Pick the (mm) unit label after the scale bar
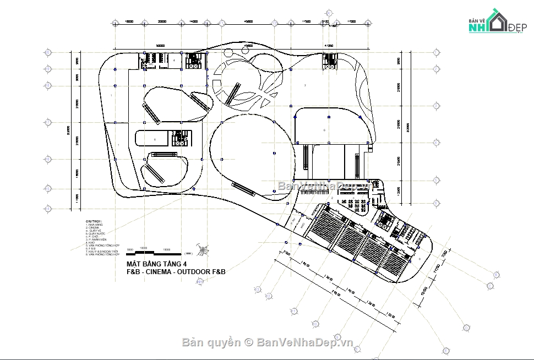(x=188, y=254)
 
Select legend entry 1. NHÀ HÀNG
(x=94, y=225)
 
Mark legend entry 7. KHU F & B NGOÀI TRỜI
(x=102, y=252)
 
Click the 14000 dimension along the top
(x=193, y=21)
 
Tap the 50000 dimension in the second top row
(x=160, y=46)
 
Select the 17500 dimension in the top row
(x=306, y=21)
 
